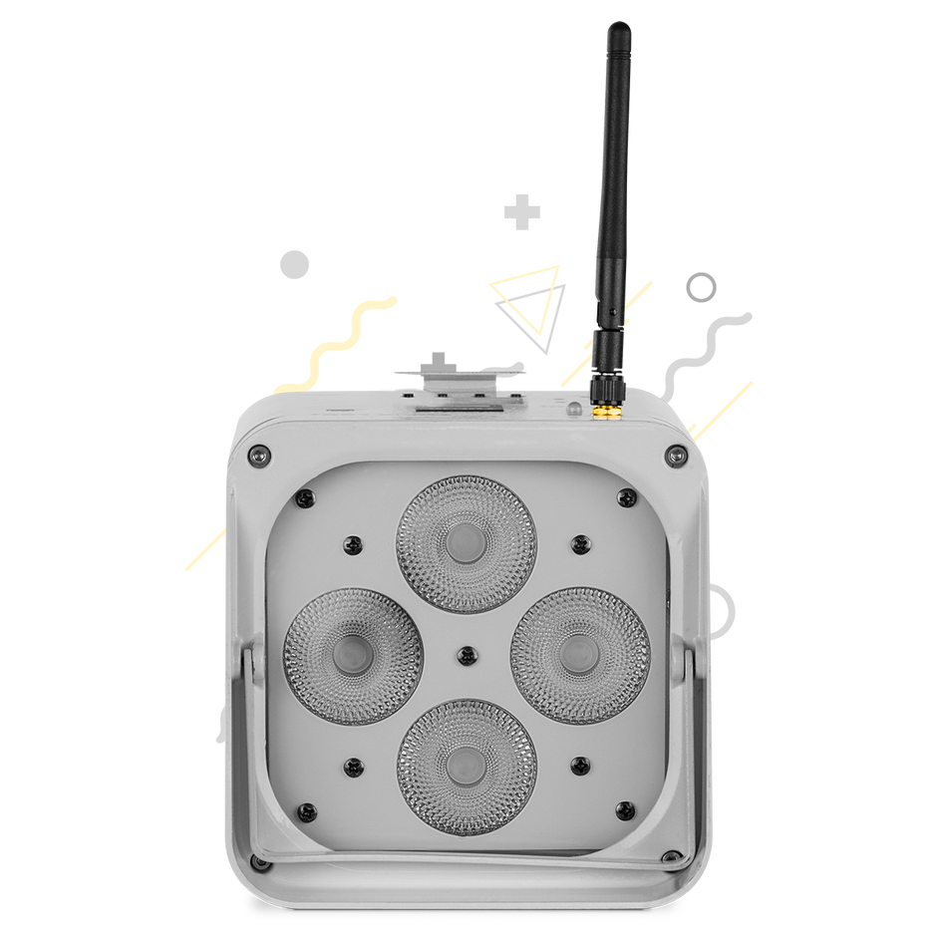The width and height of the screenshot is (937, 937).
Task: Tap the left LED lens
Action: [x=355, y=655]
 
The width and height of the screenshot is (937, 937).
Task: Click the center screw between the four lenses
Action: [x=466, y=655]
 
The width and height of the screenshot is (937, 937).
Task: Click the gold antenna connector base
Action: [x=604, y=408]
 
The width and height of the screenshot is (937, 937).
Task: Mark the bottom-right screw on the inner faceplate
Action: [x=625, y=809]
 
